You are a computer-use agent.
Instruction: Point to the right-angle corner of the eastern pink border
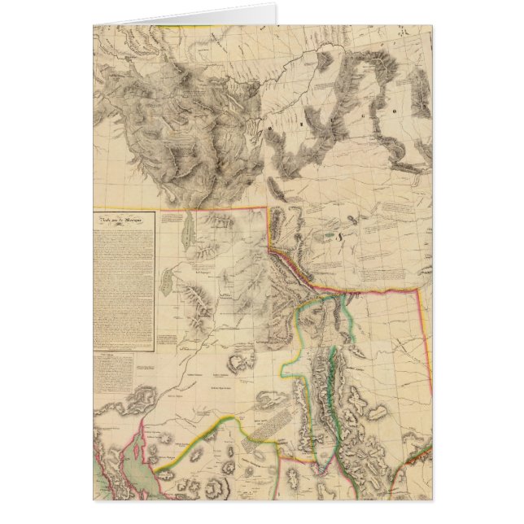[x=418, y=289]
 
